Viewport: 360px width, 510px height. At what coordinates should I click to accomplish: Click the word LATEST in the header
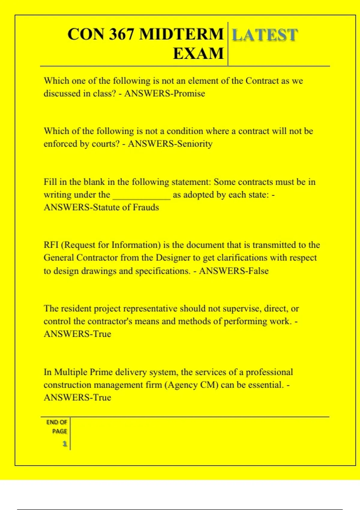pyautogui.click(x=265, y=35)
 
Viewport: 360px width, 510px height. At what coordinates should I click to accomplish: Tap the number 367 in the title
pyautogui.click(x=121, y=34)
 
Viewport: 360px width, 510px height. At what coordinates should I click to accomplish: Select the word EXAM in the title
pyautogui.click(x=198, y=54)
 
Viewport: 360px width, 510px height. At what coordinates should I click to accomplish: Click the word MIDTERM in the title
pyautogui.click(x=181, y=34)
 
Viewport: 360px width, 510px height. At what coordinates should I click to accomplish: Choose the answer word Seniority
pyautogui.click(x=195, y=144)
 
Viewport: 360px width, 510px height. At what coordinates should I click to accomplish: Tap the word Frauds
pyautogui.click(x=146, y=207)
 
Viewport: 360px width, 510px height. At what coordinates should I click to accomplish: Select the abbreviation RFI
pyautogui.click(x=51, y=245)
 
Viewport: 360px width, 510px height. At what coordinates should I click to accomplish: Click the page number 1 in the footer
pyautogui.click(x=64, y=444)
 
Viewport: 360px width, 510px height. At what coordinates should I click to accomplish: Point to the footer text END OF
pyautogui.click(x=56, y=422)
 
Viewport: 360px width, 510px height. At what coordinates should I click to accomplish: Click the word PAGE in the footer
pyautogui.click(x=59, y=431)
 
